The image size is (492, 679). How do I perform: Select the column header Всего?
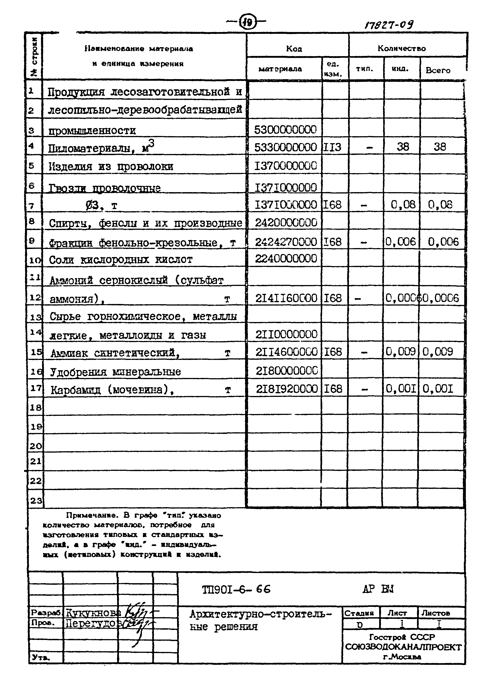(x=438, y=71)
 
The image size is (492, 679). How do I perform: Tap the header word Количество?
(x=401, y=48)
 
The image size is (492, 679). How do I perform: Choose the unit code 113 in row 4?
(x=332, y=147)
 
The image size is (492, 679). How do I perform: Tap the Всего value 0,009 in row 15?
(x=437, y=352)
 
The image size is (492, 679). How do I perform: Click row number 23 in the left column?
(x=36, y=501)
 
